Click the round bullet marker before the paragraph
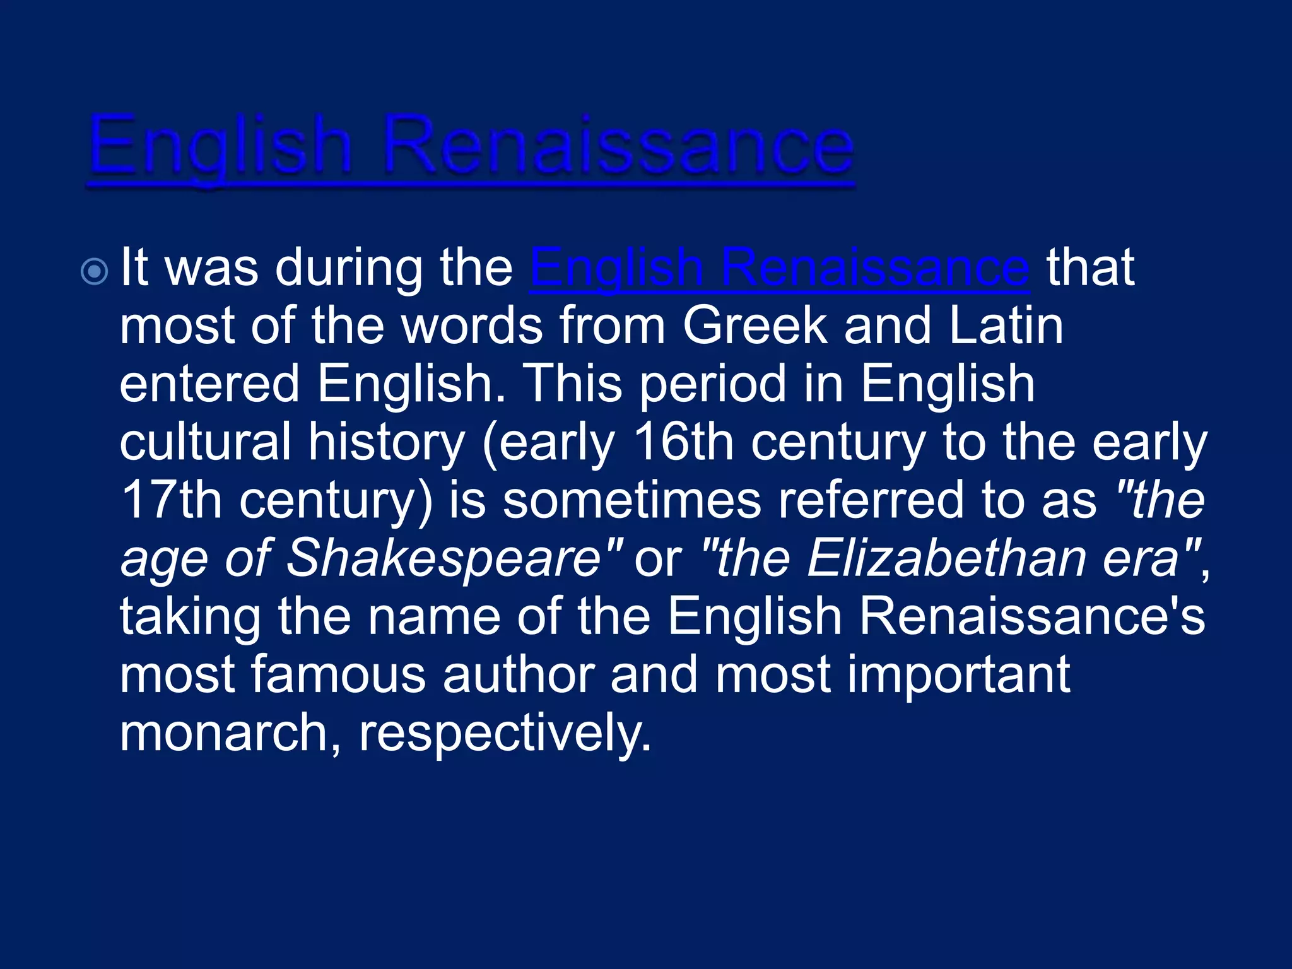(95, 272)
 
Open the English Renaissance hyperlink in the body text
(780, 268)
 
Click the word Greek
(755, 326)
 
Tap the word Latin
(1006, 326)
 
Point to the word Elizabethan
(946, 558)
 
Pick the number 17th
(171, 500)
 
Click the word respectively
(505, 733)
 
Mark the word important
(958, 674)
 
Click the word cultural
(206, 442)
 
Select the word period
(714, 384)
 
